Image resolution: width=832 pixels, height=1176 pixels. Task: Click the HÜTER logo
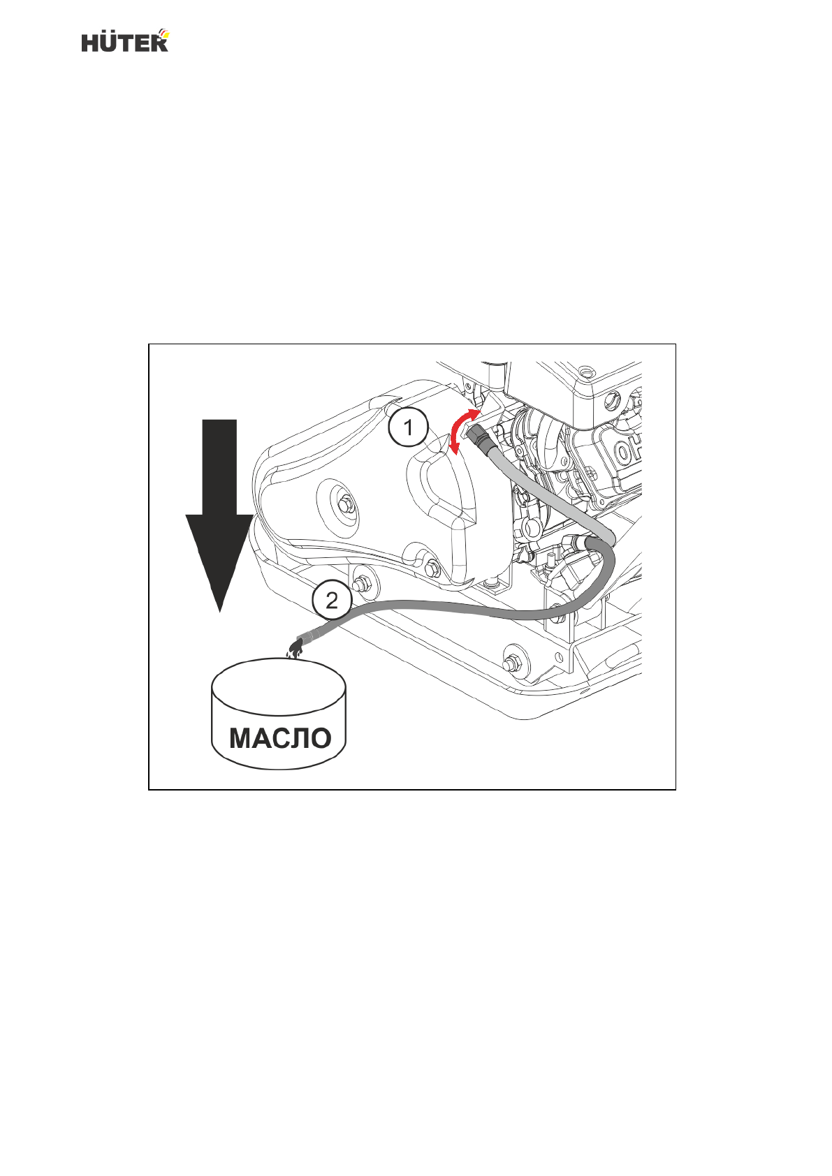coord(125,41)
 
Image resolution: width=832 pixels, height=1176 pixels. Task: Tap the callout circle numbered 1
coord(409,427)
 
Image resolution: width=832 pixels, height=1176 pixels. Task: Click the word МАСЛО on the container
coord(280,738)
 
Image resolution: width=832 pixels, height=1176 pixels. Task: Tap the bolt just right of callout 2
coord(362,585)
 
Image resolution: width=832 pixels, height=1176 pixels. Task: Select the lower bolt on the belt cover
coord(430,568)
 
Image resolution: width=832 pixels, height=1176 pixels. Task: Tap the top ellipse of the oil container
coord(278,685)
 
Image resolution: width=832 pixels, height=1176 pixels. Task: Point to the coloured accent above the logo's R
coord(163,32)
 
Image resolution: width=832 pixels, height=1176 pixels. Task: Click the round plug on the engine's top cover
coord(612,400)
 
